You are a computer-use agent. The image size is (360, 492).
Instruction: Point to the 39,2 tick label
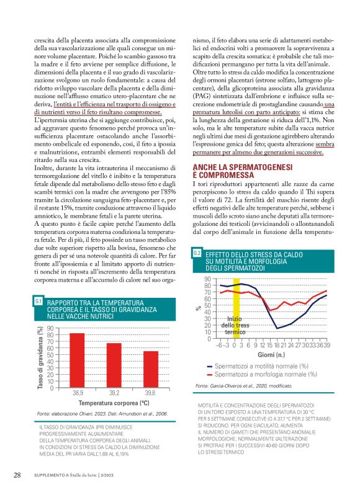(x=114, y=393)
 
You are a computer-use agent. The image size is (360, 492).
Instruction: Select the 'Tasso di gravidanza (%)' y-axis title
(x=40, y=359)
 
